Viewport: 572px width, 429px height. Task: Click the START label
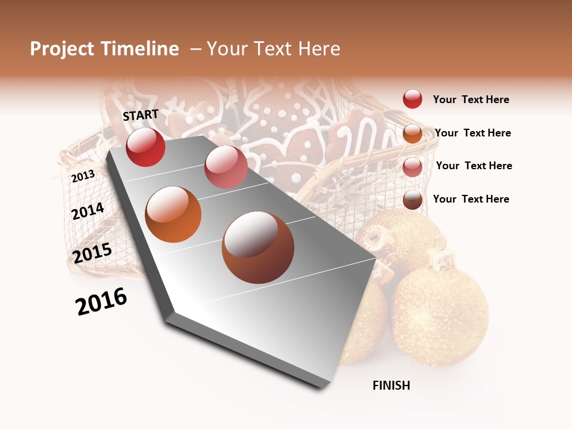(141, 115)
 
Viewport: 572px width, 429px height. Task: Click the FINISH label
(391, 386)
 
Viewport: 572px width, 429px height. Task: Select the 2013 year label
(83, 176)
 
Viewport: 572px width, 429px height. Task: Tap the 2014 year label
(88, 212)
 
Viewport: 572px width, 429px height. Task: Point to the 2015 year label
(92, 253)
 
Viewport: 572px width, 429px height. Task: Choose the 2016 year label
(101, 301)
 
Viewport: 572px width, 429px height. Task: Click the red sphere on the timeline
(145, 147)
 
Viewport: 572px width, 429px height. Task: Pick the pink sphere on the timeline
(226, 166)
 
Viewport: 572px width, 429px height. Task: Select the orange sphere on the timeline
(173, 214)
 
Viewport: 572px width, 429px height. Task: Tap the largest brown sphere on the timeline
(258, 247)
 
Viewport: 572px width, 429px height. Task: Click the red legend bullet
(412, 100)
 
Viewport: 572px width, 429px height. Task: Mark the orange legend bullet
(412, 133)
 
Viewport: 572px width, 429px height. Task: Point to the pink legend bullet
(412, 166)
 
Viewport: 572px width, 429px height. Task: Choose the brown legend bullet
(412, 200)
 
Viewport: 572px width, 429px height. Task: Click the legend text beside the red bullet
(471, 100)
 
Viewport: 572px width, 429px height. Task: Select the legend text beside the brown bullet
(471, 199)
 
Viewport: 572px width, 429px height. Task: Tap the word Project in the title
(63, 49)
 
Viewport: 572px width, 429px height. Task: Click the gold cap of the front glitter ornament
(440, 260)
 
